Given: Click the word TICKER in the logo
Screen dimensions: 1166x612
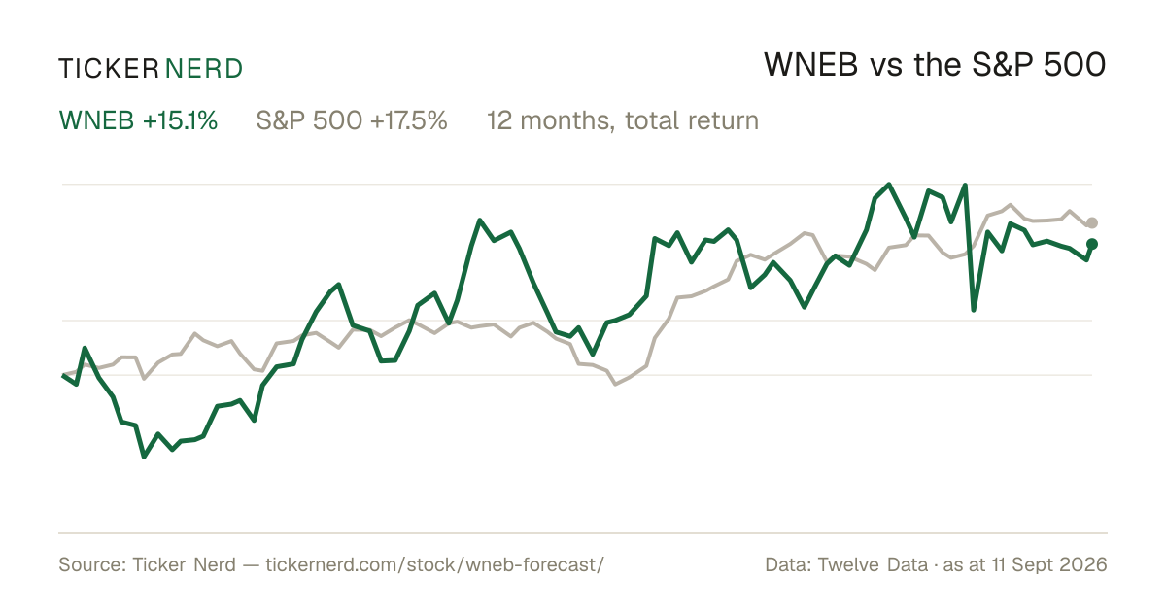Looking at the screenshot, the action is (109, 69).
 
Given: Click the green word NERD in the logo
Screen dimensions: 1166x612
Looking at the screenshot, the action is (204, 69).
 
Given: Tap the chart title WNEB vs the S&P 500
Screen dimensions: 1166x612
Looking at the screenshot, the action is (935, 65).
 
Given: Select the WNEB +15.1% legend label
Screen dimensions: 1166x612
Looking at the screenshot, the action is (138, 120).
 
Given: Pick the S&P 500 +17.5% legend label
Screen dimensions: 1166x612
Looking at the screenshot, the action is (352, 120).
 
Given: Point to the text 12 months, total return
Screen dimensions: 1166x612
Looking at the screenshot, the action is (623, 121).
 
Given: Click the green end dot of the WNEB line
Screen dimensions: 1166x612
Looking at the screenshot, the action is (1092, 244).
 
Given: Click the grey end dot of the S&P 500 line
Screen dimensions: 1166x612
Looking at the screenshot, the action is (1092, 222).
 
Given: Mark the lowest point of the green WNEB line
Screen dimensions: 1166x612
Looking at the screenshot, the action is (144, 457).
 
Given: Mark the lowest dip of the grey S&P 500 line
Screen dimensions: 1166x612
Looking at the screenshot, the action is (616, 384).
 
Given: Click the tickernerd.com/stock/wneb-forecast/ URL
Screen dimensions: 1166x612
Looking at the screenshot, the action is (434, 564).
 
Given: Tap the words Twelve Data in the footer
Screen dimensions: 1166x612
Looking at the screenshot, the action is (873, 564).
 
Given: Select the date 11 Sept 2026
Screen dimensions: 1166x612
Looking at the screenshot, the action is (1049, 564).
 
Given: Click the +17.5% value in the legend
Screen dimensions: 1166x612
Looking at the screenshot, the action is (409, 120).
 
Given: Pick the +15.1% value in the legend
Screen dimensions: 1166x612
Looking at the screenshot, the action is (180, 120).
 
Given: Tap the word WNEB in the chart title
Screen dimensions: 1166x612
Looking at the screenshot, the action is (810, 65).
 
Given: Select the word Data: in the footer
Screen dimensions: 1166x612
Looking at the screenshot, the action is (788, 564).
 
